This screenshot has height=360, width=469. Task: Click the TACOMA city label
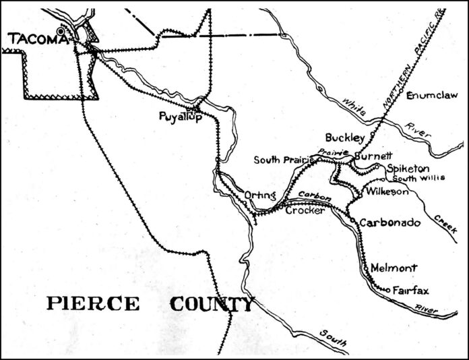click(x=38, y=40)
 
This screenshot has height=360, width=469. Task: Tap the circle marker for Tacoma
click(x=62, y=30)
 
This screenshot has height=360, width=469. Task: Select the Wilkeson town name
click(x=387, y=192)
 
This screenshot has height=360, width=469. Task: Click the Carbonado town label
click(x=390, y=222)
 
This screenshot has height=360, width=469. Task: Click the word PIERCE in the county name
click(x=93, y=303)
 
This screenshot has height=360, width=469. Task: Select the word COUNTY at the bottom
click(x=212, y=304)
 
